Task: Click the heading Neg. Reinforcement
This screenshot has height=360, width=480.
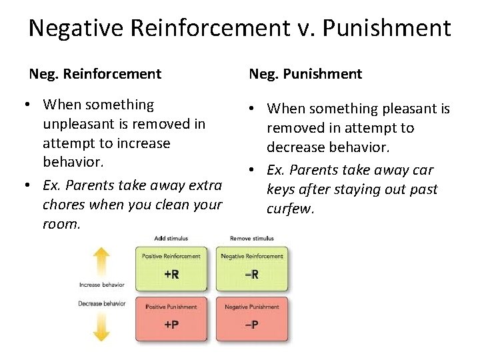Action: pos(95,73)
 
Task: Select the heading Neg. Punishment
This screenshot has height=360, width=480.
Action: pos(305,73)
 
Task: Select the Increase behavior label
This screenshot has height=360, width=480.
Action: pos(102,285)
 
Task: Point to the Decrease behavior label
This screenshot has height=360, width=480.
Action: pos(102,303)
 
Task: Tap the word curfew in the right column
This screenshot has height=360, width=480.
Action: pos(289,209)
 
